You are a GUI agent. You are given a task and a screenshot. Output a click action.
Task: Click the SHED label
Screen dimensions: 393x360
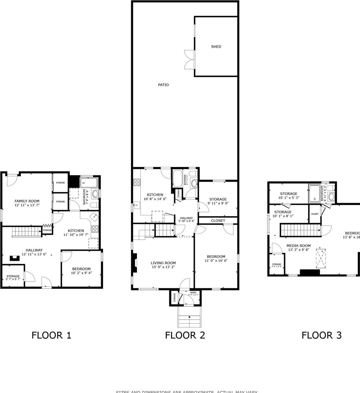click(216, 46)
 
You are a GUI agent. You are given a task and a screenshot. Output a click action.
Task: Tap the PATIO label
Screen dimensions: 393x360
click(163, 85)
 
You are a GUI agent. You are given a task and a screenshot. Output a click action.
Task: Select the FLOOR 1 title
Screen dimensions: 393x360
click(51, 335)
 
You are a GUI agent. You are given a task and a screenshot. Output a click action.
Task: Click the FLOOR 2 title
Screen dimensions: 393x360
click(185, 335)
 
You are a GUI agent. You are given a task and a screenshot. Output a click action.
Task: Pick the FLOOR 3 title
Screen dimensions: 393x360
click(321, 335)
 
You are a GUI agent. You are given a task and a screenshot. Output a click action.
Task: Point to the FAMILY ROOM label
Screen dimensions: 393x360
click(27, 201)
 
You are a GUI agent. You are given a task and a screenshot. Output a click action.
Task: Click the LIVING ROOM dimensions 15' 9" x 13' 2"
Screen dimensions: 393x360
click(163, 267)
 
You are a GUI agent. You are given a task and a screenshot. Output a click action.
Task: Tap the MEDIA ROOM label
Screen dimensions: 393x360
click(298, 246)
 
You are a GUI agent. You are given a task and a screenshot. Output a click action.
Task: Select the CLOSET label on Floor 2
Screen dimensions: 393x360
click(218, 221)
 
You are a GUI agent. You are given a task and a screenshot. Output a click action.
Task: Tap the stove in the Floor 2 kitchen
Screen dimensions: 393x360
click(137, 182)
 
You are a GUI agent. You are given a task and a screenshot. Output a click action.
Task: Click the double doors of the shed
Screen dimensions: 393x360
click(189, 60)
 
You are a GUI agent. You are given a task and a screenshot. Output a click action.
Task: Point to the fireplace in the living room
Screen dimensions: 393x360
click(134, 263)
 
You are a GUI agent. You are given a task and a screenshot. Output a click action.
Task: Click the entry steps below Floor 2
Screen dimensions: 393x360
click(189, 317)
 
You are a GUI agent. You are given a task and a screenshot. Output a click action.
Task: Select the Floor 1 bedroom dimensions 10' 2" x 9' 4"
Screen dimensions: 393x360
click(81, 273)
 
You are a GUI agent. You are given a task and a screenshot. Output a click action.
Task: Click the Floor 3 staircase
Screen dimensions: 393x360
click(300, 230)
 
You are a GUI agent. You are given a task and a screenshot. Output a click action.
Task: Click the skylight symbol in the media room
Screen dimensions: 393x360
click(321, 258)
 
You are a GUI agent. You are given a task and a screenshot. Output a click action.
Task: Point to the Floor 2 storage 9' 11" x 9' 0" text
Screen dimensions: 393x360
click(218, 203)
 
